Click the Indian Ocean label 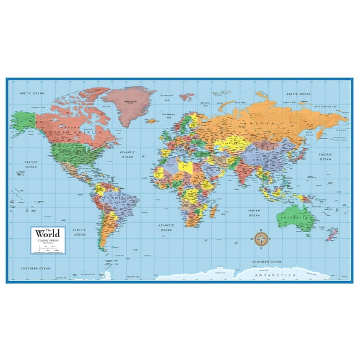tap(254, 214)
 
